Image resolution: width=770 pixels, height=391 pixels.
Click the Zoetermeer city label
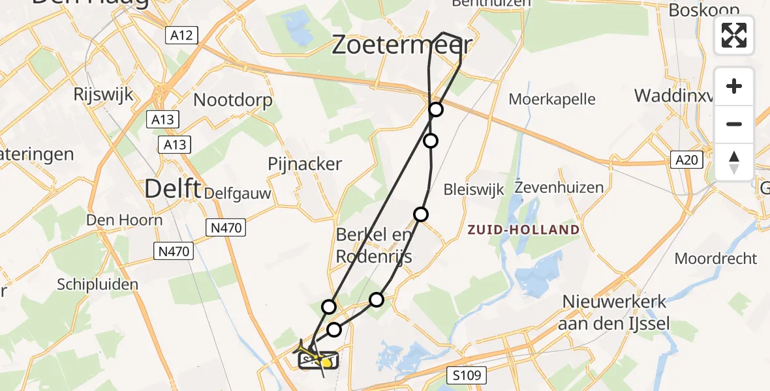[401, 46]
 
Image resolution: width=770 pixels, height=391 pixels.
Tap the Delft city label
[172, 188]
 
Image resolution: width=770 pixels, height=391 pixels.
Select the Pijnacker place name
[305, 164]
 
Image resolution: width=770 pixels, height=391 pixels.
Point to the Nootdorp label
[233, 100]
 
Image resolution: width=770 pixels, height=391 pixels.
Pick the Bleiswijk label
[474, 190]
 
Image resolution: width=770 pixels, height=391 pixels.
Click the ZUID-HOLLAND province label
[523, 230]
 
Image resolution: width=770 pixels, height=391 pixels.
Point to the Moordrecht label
[716, 259]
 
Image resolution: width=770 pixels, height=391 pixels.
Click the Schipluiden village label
[98, 284]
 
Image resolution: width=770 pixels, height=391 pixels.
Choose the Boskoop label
[704, 10]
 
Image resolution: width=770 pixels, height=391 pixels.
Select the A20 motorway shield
[685, 160]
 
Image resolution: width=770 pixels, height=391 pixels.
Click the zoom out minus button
[734, 124]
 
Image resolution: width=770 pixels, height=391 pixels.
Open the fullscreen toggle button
[734, 35]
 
